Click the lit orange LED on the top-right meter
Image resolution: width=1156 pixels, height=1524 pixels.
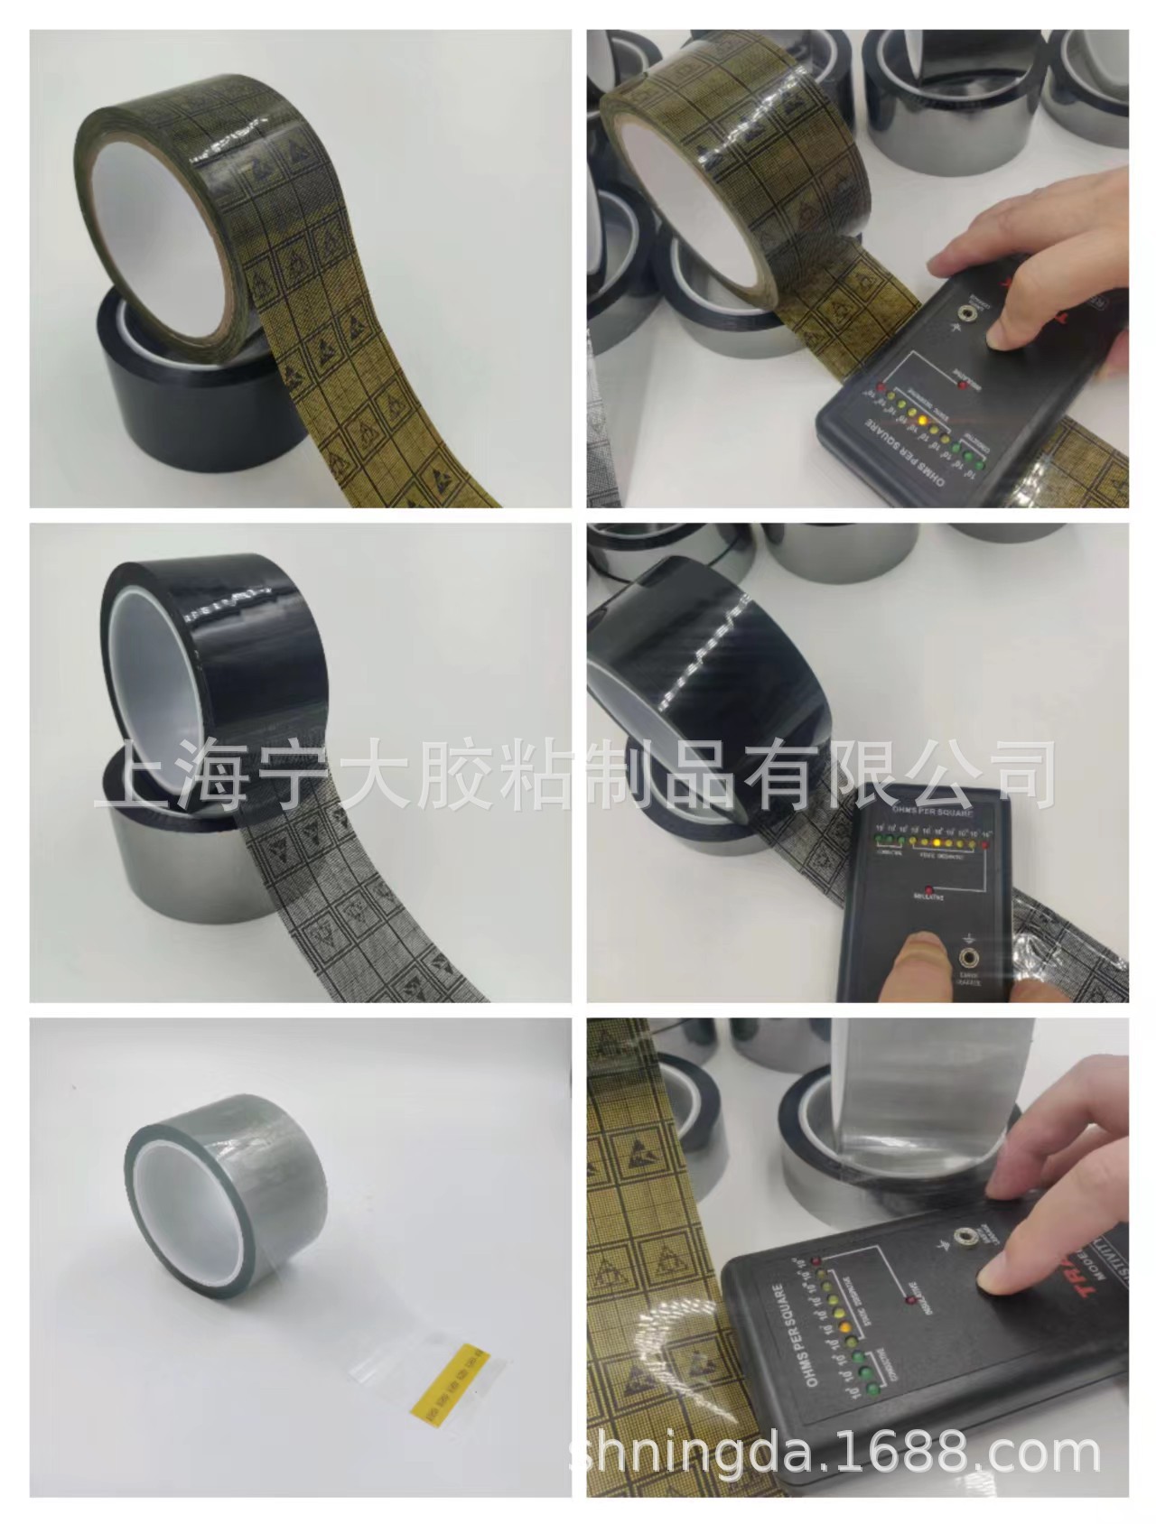[x=919, y=421]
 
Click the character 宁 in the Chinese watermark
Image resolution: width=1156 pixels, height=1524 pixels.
[x=276, y=773]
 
